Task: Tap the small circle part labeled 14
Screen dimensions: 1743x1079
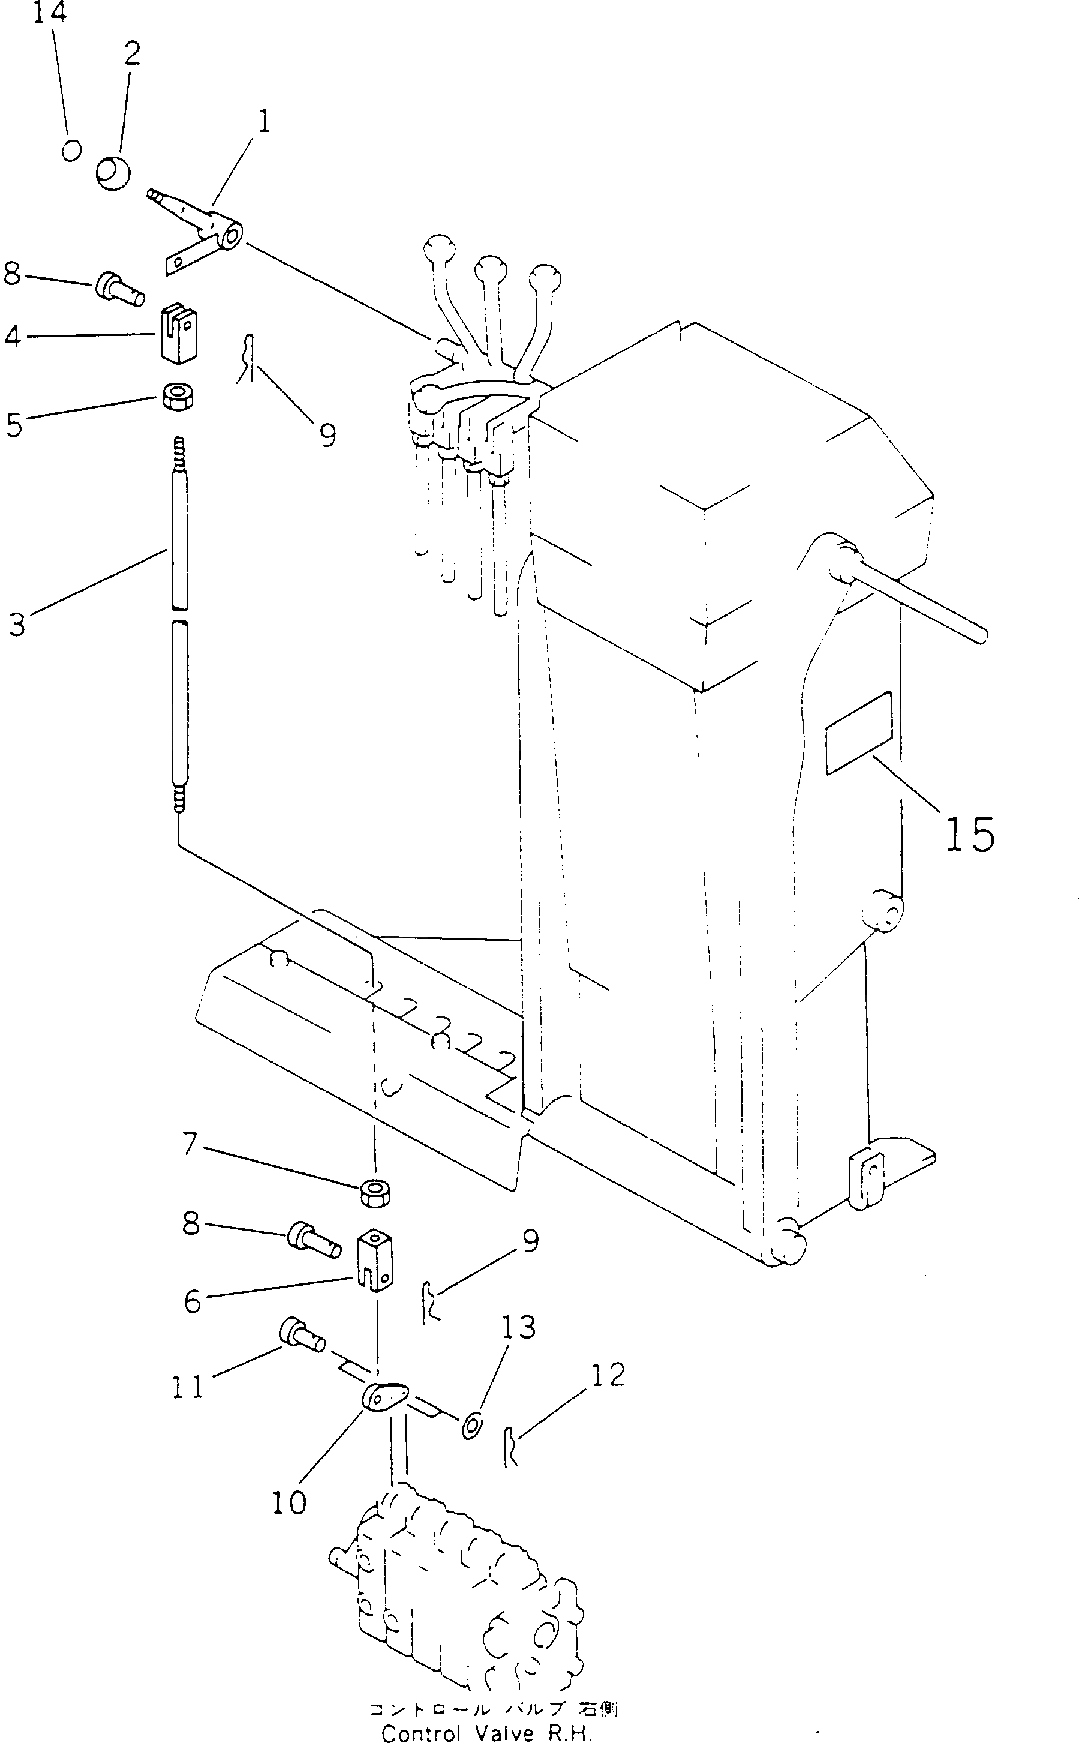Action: pyautogui.click(x=71, y=150)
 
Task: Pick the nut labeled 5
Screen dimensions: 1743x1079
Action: pyautogui.click(x=177, y=396)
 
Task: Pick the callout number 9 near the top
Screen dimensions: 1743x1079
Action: pyautogui.click(x=327, y=434)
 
